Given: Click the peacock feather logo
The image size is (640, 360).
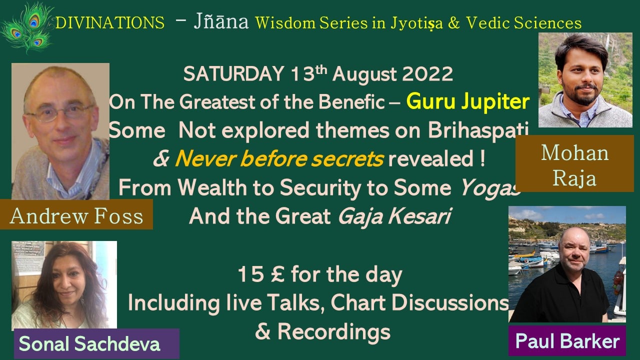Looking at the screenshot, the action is click(x=27, y=27).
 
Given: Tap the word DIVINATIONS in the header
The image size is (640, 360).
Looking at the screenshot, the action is click(x=110, y=23).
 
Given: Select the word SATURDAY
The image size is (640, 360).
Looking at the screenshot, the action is click(x=233, y=74).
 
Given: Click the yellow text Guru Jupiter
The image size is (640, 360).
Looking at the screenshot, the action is click(x=468, y=101).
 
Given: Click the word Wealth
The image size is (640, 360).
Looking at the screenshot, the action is click(x=212, y=187).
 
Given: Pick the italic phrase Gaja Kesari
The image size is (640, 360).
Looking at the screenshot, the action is click(x=394, y=216).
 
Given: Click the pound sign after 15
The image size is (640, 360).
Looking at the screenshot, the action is click(x=277, y=274).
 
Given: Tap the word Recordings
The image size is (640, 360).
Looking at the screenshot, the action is click(x=333, y=332).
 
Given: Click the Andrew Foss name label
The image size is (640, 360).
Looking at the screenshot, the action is click(x=76, y=214).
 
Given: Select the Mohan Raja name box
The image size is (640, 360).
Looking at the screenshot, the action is click(x=574, y=163).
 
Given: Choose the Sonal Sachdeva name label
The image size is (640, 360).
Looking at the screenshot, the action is click(x=96, y=343).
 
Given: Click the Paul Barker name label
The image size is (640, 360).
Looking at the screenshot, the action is click(x=567, y=340).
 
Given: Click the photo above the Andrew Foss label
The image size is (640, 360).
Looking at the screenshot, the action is click(x=60, y=131).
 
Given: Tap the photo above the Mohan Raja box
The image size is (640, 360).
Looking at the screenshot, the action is click(x=585, y=80).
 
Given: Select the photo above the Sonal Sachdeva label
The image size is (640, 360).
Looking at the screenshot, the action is click(x=64, y=285).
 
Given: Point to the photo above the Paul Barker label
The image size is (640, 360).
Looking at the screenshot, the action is click(x=567, y=264).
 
